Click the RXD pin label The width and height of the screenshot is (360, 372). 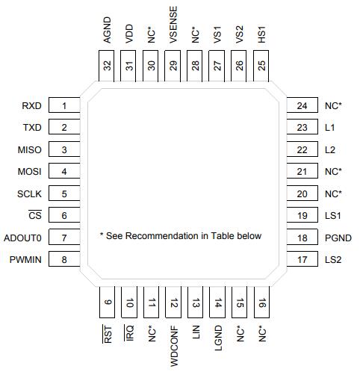pyautogui.click(x=31, y=105)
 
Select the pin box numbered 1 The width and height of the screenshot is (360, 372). pyautogui.click(x=64, y=105)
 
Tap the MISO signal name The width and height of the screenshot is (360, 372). pyautogui.click(x=30, y=150)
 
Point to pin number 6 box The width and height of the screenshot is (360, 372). pyautogui.click(x=64, y=214)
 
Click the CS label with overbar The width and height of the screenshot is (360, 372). pyautogui.click(x=35, y=215)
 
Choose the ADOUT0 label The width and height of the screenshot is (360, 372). pyautogui.click(x=22, y=238)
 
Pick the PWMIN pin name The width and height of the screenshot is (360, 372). pyautogui.click(x=25, y=260)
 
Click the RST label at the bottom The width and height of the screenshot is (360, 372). pyautogui.click(x=108, y=334)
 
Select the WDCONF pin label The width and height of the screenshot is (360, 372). pyautogui.click(x=174, y=346)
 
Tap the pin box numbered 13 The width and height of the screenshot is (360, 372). pyautogui.click(x=196, y=303)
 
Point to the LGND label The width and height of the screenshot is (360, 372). pyautogui.click(x=218, y=338)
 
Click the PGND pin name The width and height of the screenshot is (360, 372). pyautogui.click(x=338, y=238)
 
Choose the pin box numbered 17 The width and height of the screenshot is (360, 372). pyautogui.click(x=302, y=259)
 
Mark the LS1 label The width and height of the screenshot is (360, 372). pyautogui.click(x=333, y=216)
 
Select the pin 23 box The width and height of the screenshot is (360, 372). pyautogui.click(x=302, y=127)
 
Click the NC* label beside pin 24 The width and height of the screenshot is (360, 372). pyautogui.click(x=333, y=105)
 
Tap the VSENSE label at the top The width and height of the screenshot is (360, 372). pyautogui.click(x=173, y=25)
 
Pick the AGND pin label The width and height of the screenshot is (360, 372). pyautogui.click(x=107, y=30)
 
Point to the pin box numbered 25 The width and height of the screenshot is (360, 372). pyautogui.click(x=261, y=66)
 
